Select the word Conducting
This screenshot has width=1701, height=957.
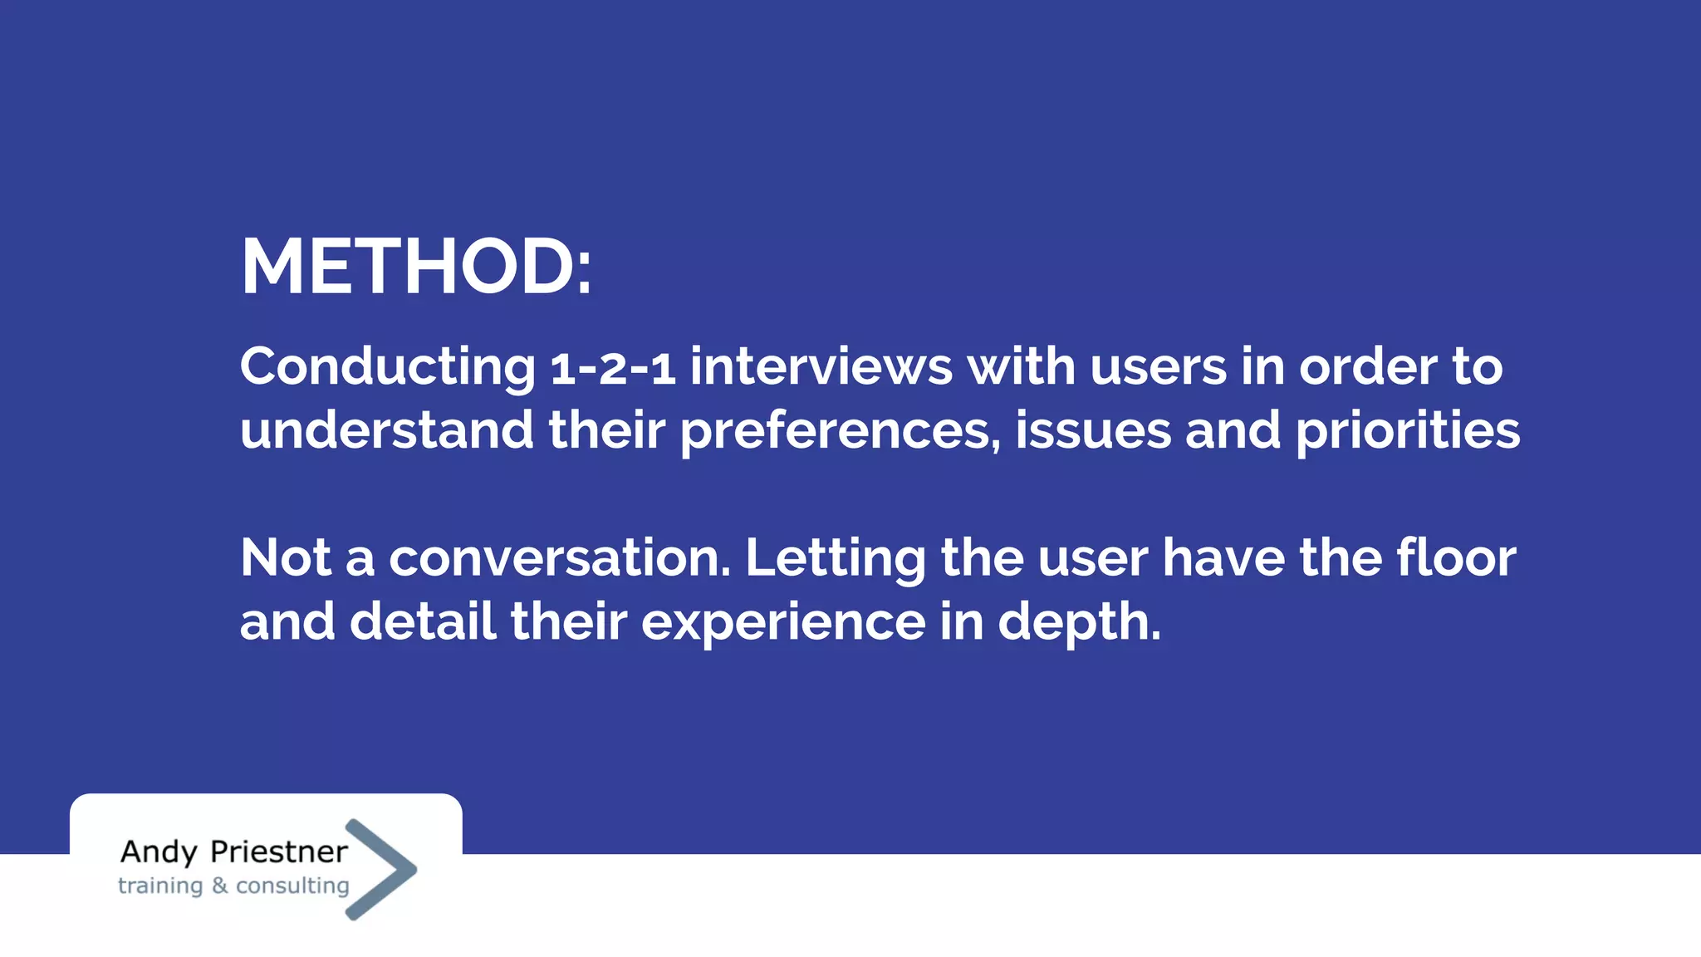(x=388, y=367)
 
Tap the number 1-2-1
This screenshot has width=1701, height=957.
(x=613, y=368)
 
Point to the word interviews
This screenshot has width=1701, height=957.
(x=821, y=366)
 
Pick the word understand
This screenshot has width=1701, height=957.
(x=386, y=430)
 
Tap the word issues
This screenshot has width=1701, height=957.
(x=1093, y=430)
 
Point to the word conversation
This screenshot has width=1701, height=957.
(x=560, y=557)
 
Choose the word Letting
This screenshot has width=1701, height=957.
(x=836, y=559)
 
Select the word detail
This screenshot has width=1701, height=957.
(x=423, y=621)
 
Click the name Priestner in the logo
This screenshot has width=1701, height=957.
(x=279, y=852)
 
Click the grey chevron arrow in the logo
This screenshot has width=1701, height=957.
(x=382, y=869)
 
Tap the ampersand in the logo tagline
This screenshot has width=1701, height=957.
(x=219, y=886)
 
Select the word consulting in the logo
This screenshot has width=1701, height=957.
(x=292, y=886)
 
